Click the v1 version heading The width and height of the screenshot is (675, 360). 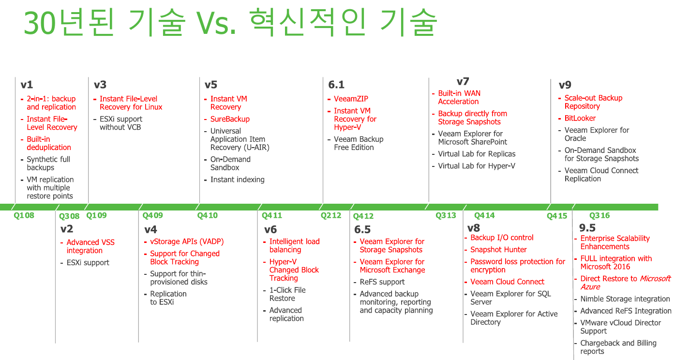(27, 85)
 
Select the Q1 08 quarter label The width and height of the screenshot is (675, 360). (24, 215)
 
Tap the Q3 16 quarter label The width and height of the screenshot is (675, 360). (600, 215)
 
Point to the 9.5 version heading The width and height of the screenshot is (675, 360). (587, 228)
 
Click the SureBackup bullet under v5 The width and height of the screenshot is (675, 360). (230, 119)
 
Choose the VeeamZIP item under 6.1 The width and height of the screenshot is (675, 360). (351, 99)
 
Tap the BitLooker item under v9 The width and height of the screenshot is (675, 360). (580, 118)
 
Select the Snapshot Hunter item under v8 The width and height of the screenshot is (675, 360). (498, 250)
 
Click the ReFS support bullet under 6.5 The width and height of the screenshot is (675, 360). (382, 282)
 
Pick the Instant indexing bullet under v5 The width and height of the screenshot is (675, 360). (238, 180)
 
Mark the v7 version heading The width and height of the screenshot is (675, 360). (463, 81)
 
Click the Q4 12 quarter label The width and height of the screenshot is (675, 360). (363, 216)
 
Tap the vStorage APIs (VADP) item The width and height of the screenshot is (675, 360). (187, 241)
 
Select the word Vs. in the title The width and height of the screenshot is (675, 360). (216, 23)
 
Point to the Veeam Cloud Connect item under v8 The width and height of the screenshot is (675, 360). (507, 282)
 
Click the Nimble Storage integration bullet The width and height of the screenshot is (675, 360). (625, 299)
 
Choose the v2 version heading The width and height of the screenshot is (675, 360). (67, 229)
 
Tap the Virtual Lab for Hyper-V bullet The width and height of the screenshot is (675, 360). (477, 166)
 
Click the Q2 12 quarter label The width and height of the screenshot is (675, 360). (331, 215)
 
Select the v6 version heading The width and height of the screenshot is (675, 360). (270, 229)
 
